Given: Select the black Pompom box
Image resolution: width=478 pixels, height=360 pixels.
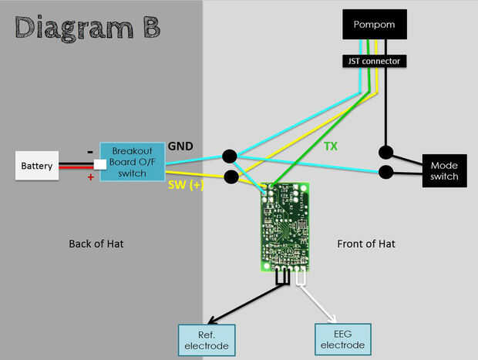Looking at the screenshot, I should (373, 25).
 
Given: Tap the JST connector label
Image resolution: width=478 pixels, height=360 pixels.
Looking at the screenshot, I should (373, 59).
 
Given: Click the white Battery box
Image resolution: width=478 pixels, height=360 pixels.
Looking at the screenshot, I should (37, 165).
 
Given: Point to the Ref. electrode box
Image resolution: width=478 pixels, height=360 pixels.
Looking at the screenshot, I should (206, 340).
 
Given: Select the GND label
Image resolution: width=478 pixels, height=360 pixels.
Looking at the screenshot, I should (181, 146).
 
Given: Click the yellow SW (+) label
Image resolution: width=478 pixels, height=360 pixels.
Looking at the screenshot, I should (185, 186).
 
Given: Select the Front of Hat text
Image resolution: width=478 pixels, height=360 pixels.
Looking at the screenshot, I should (366, 244).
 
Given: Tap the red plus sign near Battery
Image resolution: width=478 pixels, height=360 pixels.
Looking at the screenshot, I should (91, 177).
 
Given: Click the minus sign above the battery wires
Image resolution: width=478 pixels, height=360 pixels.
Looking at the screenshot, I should (90, 151).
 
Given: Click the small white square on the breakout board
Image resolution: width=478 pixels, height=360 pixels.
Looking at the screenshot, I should (99, 164).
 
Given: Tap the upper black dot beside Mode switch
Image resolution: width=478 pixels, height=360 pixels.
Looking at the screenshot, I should (385, 151).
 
